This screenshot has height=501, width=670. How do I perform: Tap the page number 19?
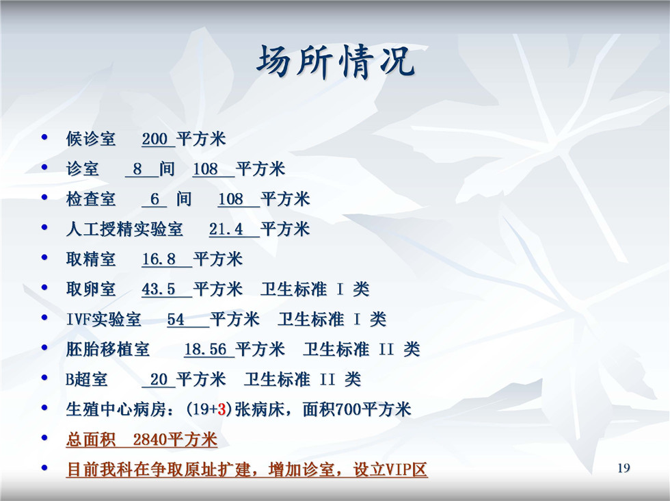tap(624, 467)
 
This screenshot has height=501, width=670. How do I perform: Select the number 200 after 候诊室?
tap(155, 139)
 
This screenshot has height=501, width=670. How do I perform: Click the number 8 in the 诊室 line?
tap(137, 169)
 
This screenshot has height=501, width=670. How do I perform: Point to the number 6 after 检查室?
tap(155, 199)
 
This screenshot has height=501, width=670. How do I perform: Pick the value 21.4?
tap(226, 229)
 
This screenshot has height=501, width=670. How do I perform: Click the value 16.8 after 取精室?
tap(159, 259)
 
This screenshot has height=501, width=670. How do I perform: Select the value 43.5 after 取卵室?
tap(159, 290)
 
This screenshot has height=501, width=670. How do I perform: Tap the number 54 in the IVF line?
tap(176, 320)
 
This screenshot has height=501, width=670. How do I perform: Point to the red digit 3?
tap(222, 409)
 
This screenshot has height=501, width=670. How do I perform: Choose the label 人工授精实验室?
tap(124, 229)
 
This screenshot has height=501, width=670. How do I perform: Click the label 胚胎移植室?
tap(108, 350)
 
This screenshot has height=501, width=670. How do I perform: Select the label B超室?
tap(87, 379)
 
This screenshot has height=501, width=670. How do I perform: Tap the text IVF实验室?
tap(103, 320)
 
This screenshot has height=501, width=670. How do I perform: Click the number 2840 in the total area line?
tap(150, 439)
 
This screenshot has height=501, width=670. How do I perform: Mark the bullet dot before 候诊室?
tap(44, 138)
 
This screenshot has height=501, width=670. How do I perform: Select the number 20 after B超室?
tap(159, 379)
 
